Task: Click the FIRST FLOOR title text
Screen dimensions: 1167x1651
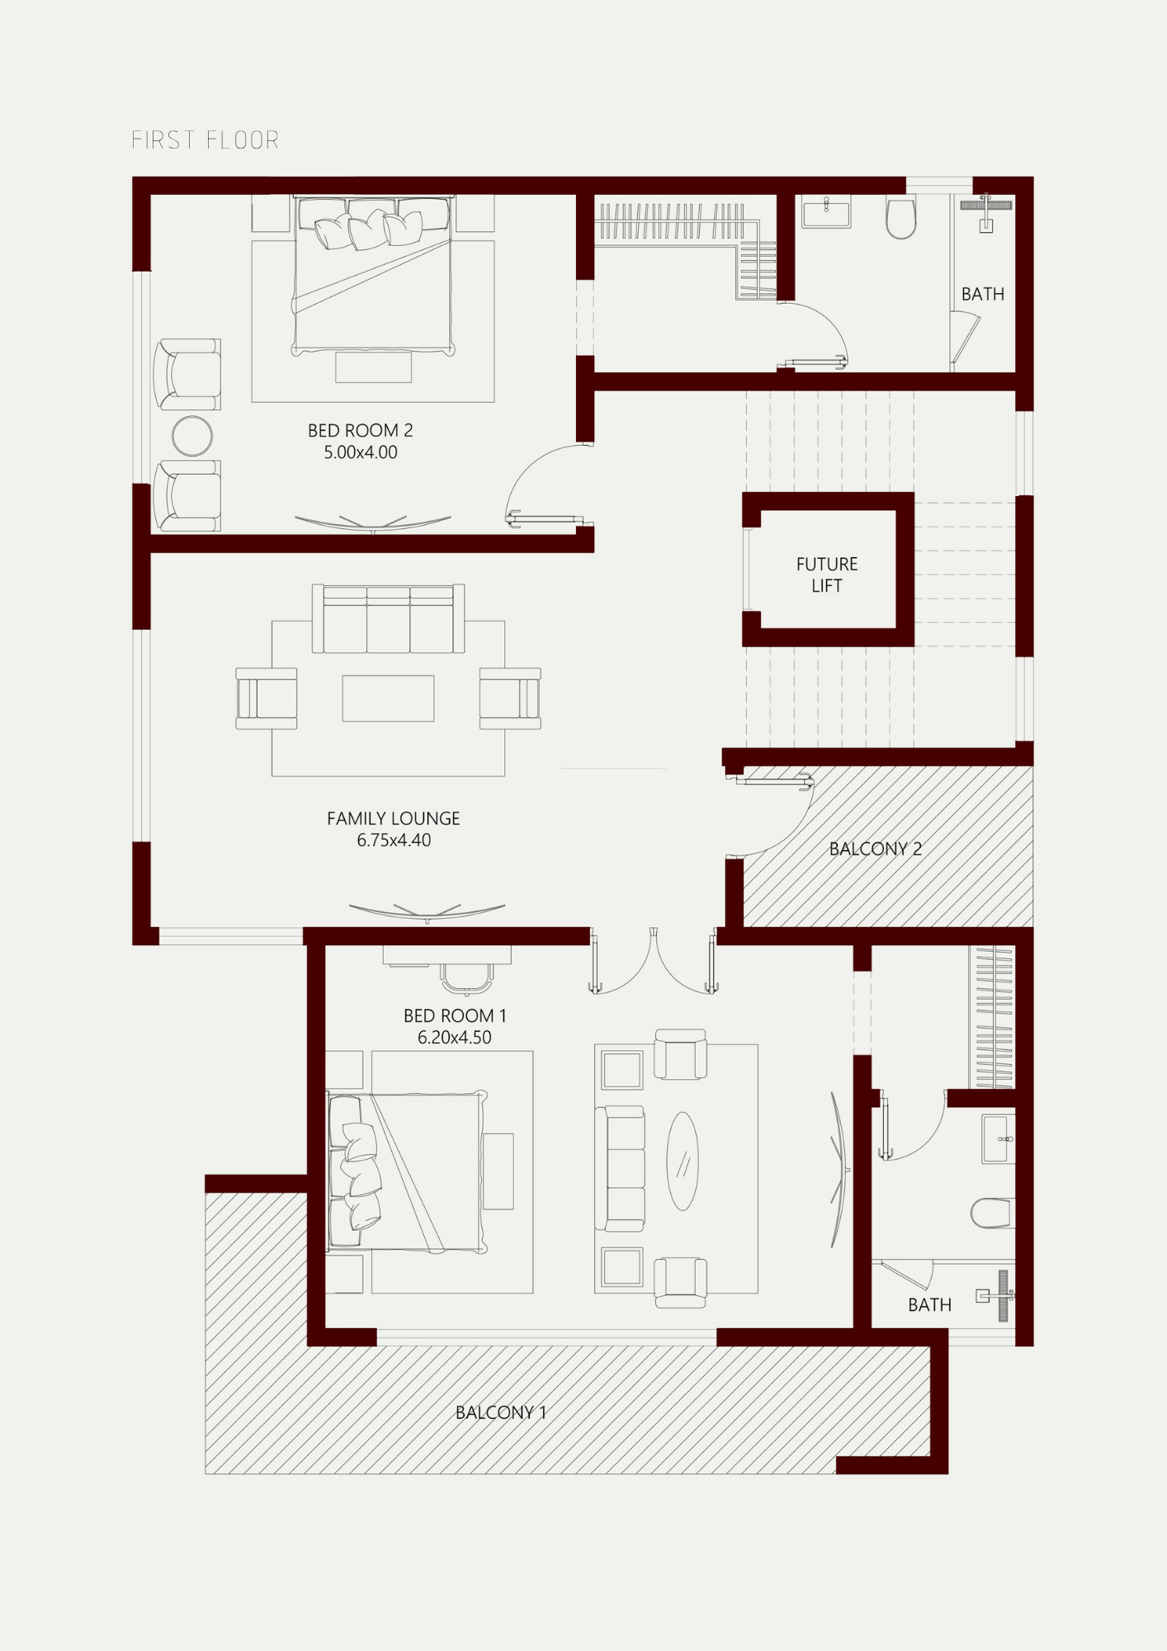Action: coord(206,140)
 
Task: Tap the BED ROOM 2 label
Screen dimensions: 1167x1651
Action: coord(360,430)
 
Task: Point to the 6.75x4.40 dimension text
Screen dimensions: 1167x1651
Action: coord(394,840)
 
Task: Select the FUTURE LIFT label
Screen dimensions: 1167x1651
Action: coord(827,575)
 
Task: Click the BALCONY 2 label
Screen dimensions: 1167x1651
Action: coord(875,849)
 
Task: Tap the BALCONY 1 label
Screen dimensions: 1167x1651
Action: coord(501,1412)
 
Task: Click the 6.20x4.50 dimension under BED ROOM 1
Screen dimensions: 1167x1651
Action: coord(454,1038)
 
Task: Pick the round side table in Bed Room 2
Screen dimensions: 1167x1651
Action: coord(192,436)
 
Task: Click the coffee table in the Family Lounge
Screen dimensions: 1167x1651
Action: coord(388,698)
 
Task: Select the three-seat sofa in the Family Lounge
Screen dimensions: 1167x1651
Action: coord(388,619)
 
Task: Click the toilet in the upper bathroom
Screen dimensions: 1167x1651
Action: coord(901,216)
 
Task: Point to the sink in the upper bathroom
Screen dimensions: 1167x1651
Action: coord(826,211)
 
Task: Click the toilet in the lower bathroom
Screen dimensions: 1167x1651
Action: coord(992,1213)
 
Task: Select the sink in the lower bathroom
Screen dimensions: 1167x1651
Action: coord(998,1139)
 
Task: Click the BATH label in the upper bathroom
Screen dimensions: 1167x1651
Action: coord(982,294)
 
